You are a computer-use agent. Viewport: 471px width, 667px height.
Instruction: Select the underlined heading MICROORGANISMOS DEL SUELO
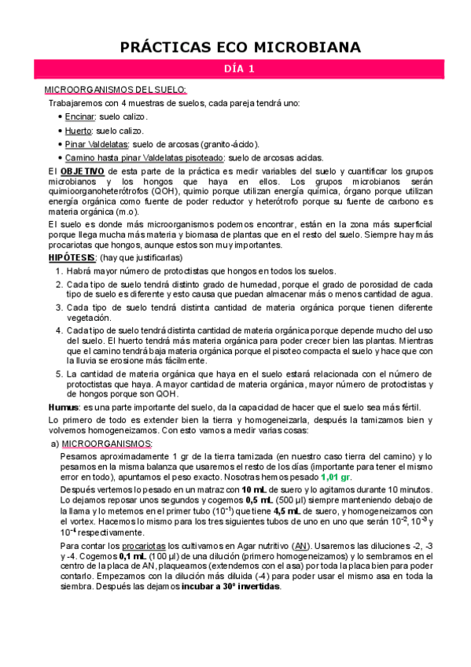click(115, 90)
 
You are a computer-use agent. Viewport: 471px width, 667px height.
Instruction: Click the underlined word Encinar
click(79, 116)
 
